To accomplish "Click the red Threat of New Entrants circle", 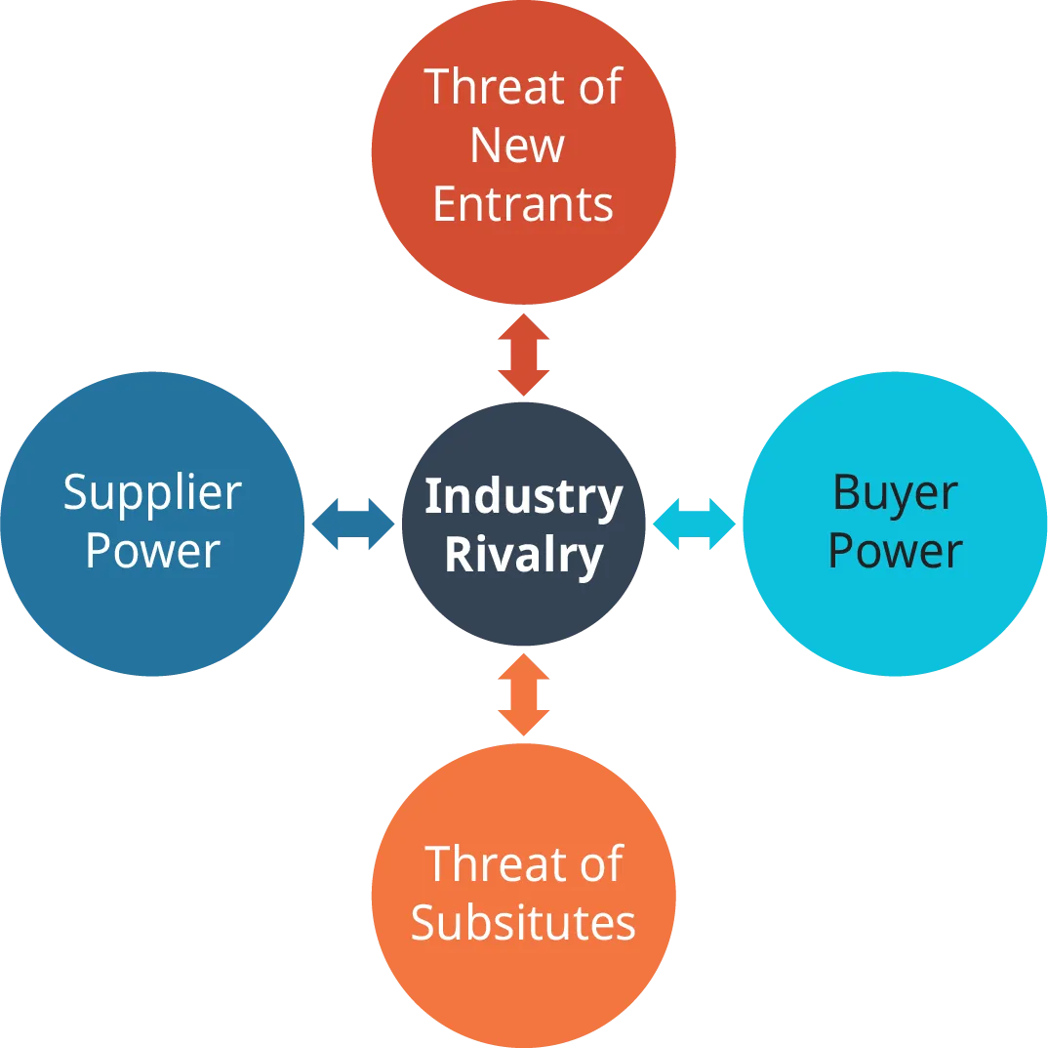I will coord(523,254).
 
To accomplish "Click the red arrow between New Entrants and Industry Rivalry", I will coord(523,354).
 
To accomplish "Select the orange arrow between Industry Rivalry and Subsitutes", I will coord(524,694).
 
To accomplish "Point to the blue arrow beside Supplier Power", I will coord(351,524).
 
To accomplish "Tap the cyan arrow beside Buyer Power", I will coord(695,524).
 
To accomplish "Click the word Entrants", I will coord(523,204).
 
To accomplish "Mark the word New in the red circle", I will coord(517,146).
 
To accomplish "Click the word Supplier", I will coord(152,493).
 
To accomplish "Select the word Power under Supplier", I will coord(152,551).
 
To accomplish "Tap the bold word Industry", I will coord(524,496).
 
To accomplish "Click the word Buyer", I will coord(895,493).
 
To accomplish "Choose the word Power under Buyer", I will coord(895,551).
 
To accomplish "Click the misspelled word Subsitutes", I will coord(523,922).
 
